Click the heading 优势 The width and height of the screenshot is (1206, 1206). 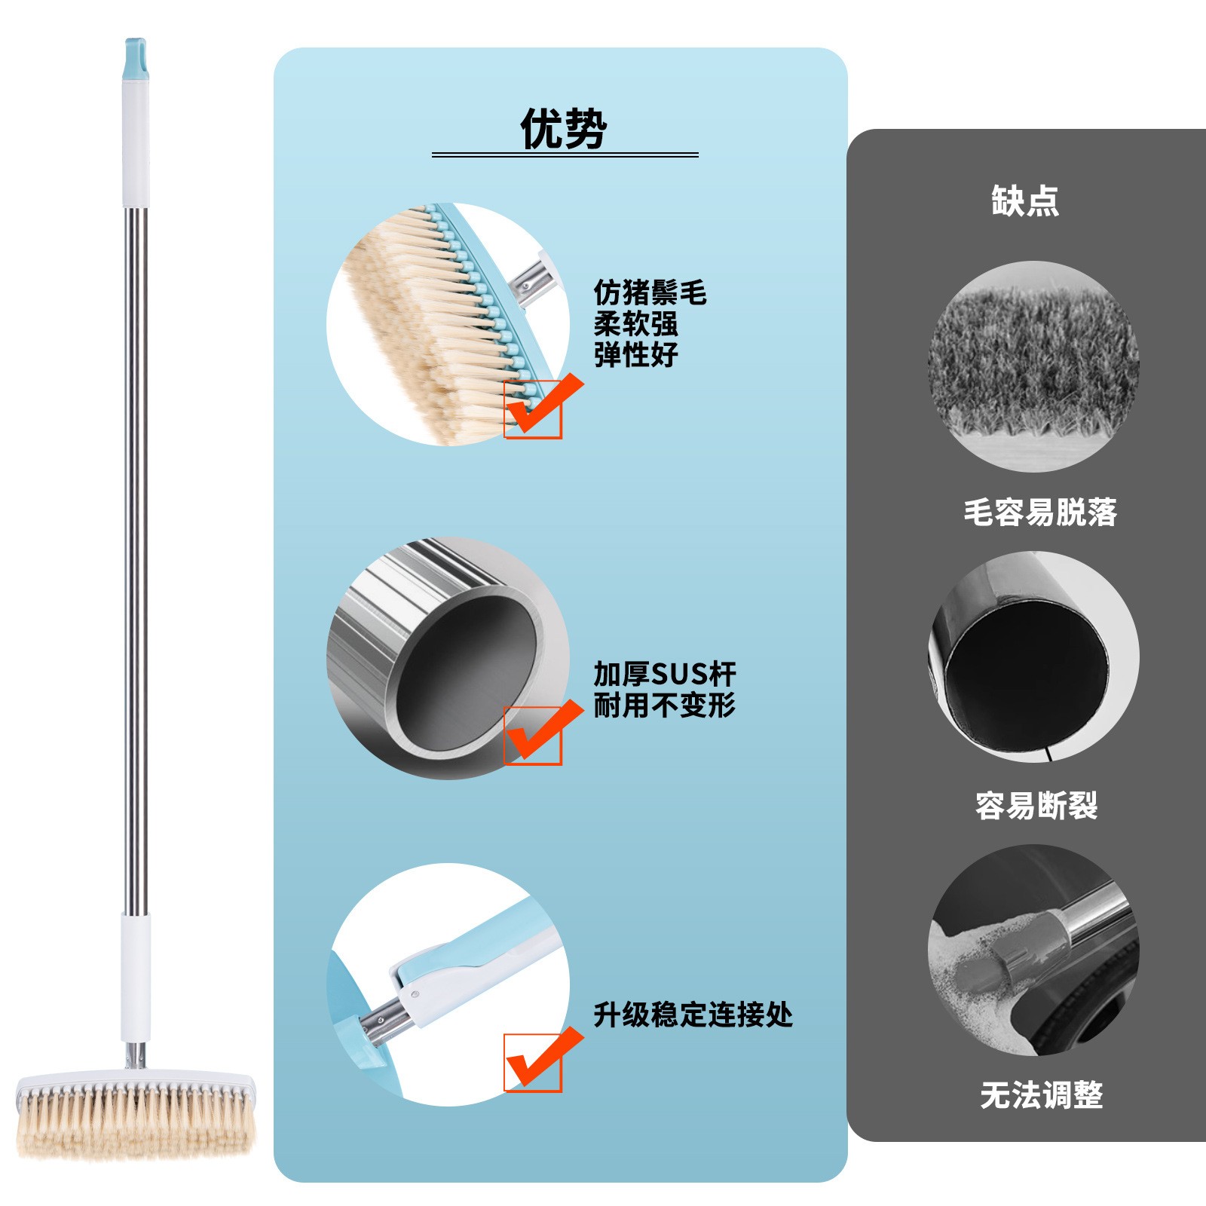pos(564,129)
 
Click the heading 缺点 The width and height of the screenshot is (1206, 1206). pos(1025,201)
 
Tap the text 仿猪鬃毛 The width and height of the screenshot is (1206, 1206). pos(650,292)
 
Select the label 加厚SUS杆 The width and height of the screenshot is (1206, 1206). pos(664,673)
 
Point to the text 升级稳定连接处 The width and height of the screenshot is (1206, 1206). pos(693,1015)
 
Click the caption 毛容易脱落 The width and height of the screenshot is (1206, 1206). pos(1040,513)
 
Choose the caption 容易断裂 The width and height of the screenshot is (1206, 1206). pos(1036,806)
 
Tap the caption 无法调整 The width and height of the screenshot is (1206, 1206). pos(1042,1094)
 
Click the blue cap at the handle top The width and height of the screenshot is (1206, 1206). pos(136,60)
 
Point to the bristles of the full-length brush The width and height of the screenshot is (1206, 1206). pos(136,1120)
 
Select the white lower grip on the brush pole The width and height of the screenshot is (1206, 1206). pos(136,978)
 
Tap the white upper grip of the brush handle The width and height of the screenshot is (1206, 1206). pos(136,143)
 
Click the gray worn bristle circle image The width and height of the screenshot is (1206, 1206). pos(1033,366)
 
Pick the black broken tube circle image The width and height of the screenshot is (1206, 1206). pos(1033,657)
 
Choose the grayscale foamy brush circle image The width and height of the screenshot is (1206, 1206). pos(1033,950)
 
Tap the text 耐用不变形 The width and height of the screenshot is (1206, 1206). pos(664,706)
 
